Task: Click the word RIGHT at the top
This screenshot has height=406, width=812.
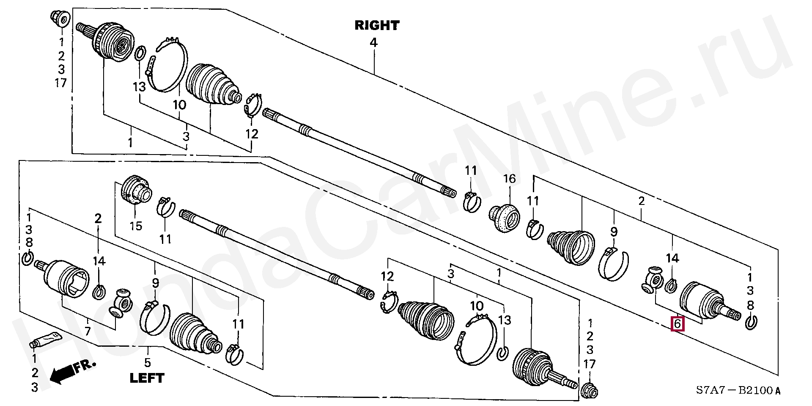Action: pyautogui.click(x=377, y=25)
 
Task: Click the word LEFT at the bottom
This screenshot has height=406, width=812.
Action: pyautogui.click(x=147, y=378)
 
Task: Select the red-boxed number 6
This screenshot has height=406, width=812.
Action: pyautogui.click(x=677, y=324)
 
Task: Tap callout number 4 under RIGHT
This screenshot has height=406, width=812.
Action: pyautogui.click(x=373, y=42)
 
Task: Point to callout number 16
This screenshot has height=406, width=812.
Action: pyautogui.click(x=509, y=179)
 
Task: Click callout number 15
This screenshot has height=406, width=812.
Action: pyautogui.click(x=136, y=226)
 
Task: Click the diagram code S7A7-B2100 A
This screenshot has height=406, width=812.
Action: pyautogui.click(x=738, y=390)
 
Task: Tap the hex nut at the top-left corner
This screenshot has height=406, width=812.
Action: pyautogui.click(x=60, y=18)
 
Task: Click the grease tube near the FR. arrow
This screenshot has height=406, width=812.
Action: pyautogui.click(x=46, y=340)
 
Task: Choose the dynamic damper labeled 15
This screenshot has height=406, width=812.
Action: pyautogui.click(x=136, y=191)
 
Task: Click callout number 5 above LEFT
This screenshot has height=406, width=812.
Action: pyautogui.click(x=147, y=362)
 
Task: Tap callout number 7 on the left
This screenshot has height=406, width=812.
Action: pyautogui.click(x=88, y=330)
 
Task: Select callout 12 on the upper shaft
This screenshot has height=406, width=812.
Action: pyautogui.click(x=252, y=134)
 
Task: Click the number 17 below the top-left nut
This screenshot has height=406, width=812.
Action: pyautogui.click(x=61, y=83)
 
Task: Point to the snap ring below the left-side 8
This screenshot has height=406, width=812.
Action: pyautogui.click(x=27, y=258)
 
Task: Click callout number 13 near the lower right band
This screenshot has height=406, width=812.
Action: pyautogui.click(x=505, y=320)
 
